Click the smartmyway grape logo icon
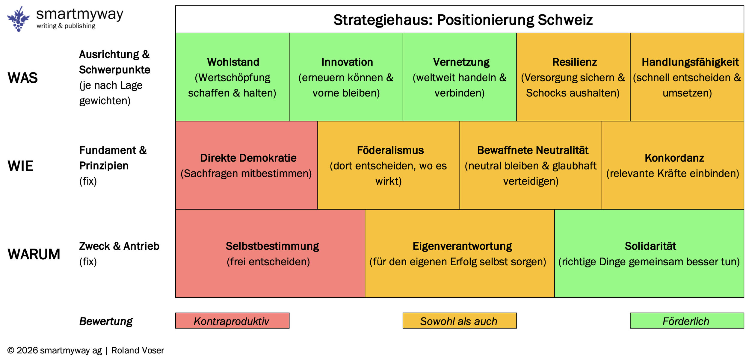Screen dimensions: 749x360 pos(18,19)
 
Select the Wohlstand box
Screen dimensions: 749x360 pos(232,77)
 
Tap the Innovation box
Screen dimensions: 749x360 pos(346,77)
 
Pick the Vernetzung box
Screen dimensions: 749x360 pos(460,77)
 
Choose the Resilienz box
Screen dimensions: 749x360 pos(573,77)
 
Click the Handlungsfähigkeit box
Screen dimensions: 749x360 pos(687,77)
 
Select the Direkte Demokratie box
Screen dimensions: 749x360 pos(246,165)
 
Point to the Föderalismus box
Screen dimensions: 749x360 pos(389,165)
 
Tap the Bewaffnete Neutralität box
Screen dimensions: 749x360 pos(531,165)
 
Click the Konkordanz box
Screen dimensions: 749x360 pos(673,165)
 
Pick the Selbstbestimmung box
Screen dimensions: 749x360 pos(270,253)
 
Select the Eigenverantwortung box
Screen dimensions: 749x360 pos(460,253)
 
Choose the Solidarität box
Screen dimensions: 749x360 pos(649,253)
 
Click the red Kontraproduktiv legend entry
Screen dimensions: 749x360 pos(232,321)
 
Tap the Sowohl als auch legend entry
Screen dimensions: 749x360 pos(460,321)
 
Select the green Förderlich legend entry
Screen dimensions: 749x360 pos(687,321)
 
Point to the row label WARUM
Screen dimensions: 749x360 pos(34,254)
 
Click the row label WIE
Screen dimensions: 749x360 pos(20,166)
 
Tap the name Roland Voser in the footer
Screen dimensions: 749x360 pos(138,350)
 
